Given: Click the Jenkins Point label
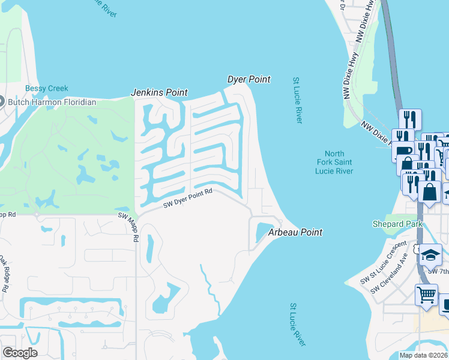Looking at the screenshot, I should [159, 93].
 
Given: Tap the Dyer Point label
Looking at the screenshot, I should [249, 79].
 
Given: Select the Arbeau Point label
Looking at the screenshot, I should [295, 232].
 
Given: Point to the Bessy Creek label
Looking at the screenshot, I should [47, 89].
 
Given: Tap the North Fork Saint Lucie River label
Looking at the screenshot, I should [334, 163].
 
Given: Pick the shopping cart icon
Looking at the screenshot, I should [426, 295].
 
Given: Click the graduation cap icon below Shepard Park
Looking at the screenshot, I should [430, 255].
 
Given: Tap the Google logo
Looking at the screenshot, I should [20, 353].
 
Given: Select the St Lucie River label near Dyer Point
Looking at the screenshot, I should [297, 100].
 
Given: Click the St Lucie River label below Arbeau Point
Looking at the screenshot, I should [298, 325].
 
